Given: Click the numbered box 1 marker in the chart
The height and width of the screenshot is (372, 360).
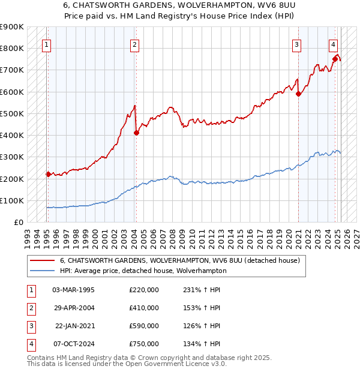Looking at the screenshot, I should (47, 44).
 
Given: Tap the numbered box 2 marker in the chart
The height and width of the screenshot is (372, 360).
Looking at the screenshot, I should (135, 44).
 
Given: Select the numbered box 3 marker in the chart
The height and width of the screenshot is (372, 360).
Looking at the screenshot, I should (296, 44).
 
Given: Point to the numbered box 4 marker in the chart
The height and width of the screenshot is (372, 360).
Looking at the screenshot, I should (333, 44).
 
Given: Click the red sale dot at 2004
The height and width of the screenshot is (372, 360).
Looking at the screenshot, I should (136, 133).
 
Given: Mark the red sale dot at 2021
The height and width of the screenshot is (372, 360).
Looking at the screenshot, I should (298, 93).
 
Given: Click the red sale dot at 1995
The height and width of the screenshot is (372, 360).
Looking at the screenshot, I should (48, 174).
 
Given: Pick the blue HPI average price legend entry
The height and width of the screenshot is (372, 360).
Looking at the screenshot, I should (143, 271).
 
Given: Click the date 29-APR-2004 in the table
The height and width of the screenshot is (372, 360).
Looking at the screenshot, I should (74, 308).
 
